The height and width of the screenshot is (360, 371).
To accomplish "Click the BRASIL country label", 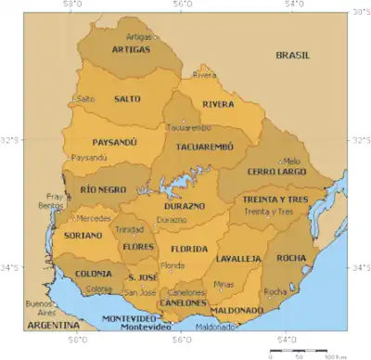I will [297, 56].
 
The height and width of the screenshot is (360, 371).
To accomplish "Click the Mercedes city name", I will [94, 219].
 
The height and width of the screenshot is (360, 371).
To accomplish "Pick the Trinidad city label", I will [129, 229].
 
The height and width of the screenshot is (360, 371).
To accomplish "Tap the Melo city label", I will [292, 161].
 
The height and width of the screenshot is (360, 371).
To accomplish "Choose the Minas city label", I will [224, 284].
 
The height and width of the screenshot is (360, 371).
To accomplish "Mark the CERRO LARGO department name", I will [277, 173].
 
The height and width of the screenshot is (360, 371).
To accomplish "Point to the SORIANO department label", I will [83, 236].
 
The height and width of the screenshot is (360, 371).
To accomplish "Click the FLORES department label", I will [136, 247].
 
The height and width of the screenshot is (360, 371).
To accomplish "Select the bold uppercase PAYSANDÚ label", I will [115, 143].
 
